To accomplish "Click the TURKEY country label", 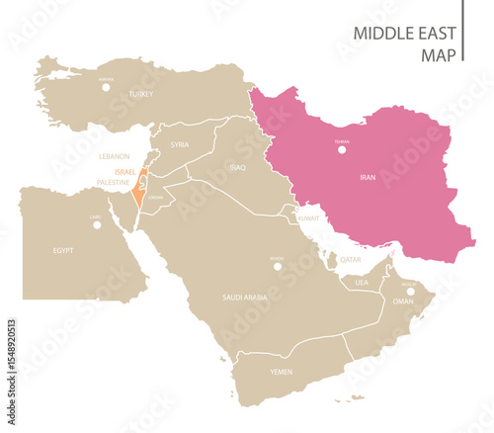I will (142, 94).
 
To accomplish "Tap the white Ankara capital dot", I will (106, 86).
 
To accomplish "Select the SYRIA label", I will (179, 144).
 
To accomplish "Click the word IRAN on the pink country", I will (368, 177).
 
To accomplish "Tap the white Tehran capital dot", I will (342, 150).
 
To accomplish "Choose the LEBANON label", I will (115, 156).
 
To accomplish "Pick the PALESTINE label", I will (117, 183).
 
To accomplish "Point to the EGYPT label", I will (63, 251).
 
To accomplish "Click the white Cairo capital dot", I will (96, 224).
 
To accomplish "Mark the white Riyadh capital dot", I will (278, 266).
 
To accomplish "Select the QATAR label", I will (350, 260).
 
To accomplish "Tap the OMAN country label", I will (403, 301).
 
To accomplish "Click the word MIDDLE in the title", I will (385, 34).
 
